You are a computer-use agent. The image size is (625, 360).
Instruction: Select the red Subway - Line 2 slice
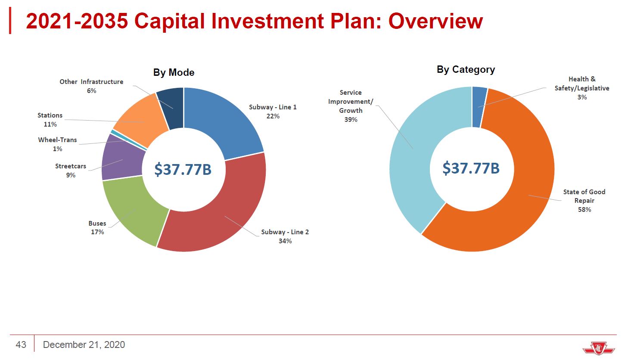(221, 217)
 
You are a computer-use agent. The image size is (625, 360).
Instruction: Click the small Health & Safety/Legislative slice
(479, 107)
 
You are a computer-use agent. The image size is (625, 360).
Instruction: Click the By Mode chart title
(174, 72)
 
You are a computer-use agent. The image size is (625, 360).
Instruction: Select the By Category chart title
(466, 69)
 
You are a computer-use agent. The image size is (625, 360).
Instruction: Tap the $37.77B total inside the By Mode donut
(183, 169)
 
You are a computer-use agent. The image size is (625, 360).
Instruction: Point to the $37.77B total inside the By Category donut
(471, 168)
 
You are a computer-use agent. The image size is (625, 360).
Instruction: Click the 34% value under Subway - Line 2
(285, 241)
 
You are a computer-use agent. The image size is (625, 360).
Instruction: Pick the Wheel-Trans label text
(57, 140)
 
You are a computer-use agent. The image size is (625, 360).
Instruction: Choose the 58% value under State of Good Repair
(585, 209)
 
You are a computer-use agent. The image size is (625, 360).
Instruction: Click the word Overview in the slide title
(435, 21)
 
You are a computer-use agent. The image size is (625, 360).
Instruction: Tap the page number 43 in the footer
(21, 344)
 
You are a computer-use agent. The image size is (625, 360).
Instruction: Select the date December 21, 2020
(84, 344)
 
